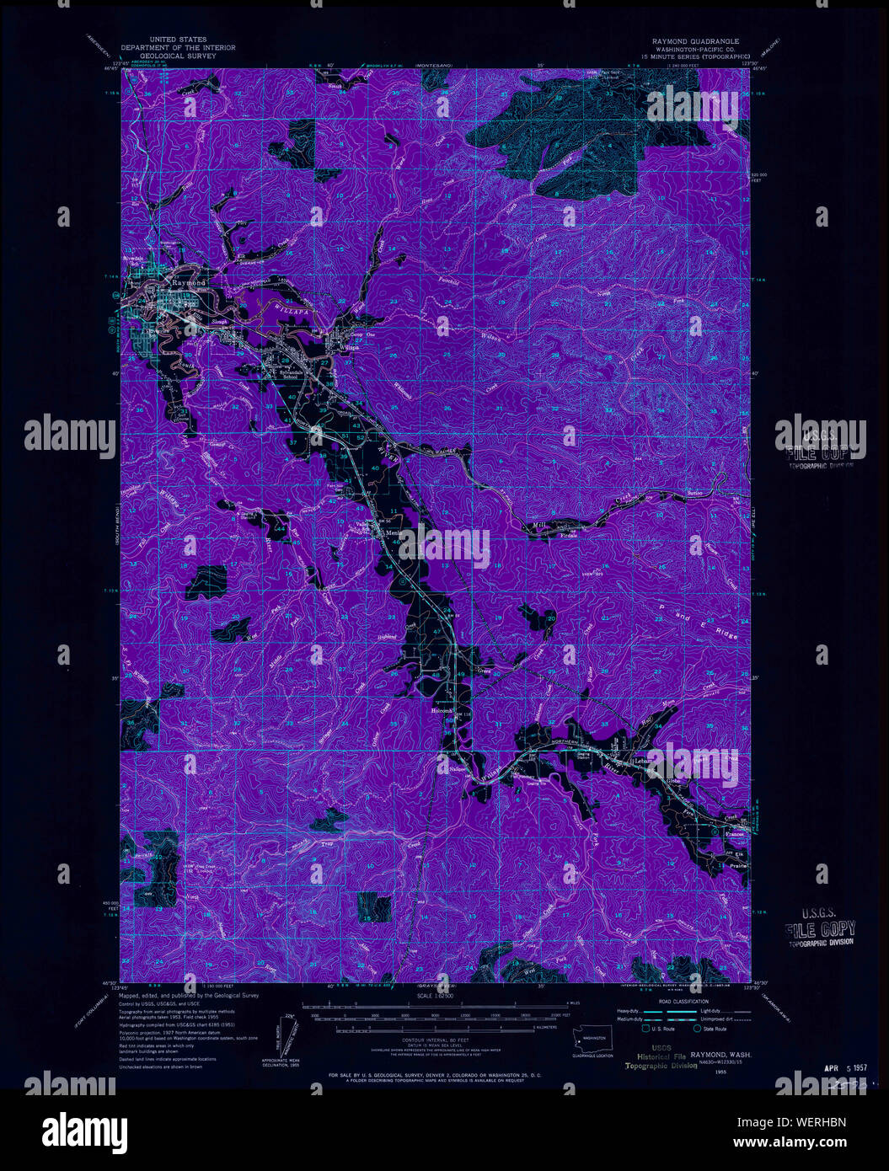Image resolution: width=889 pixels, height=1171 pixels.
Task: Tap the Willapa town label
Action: [351, 347]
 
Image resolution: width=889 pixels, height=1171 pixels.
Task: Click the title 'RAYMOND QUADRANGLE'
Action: [695, 40]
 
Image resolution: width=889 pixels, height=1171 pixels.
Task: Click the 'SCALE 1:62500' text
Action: [438, 995]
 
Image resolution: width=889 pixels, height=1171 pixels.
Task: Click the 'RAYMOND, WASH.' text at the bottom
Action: [721, 1055]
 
